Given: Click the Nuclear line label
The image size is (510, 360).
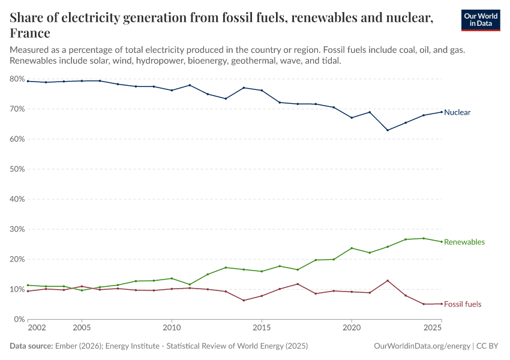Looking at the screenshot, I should point(457,112).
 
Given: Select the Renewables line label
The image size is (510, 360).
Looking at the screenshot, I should point(464,242).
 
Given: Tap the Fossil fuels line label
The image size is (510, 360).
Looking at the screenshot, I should point(463,304).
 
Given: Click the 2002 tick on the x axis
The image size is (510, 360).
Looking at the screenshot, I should point(37,329).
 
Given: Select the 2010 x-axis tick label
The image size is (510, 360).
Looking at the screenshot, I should point(172,329).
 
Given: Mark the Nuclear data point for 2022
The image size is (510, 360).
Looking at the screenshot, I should point(388,130).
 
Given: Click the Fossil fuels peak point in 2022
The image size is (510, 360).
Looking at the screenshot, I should point(388,281).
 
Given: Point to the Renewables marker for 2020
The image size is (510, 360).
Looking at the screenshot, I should point(352,248).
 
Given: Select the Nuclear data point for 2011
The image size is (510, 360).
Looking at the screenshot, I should point(190,85).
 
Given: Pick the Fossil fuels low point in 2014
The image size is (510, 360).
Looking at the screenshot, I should point(244,300).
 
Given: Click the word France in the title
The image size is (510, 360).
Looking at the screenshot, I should point(30,33).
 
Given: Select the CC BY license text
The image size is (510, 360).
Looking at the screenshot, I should point(489,346).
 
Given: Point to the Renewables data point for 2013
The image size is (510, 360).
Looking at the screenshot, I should point(226,268).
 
